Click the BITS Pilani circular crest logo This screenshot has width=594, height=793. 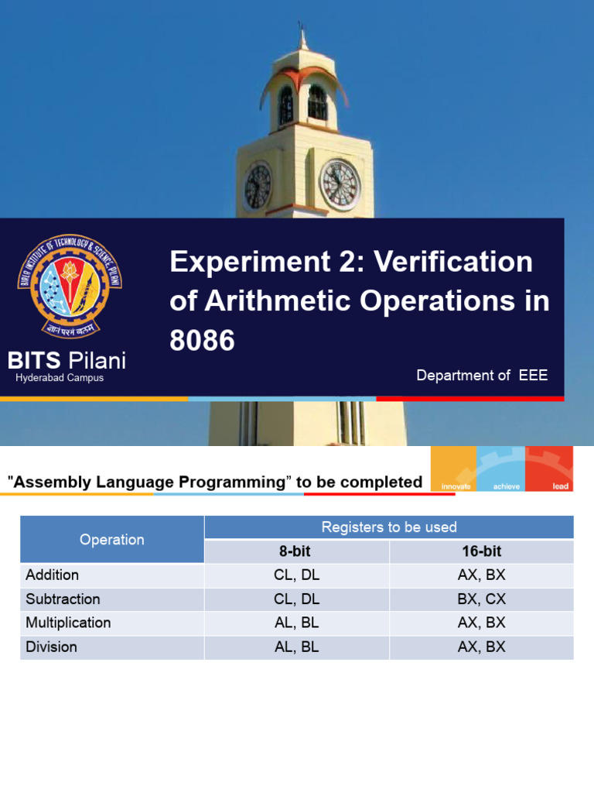coord(70,286)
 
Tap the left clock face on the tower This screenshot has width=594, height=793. coord(258,187)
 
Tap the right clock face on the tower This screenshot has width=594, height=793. coord(340,184)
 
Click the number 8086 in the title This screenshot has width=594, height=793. coord(202,341)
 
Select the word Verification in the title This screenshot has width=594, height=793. coord(454,262)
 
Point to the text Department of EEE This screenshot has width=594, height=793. coord(482,375)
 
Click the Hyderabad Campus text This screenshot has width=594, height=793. coord(60,378)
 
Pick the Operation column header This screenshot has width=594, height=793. coord(112,540)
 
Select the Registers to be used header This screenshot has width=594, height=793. coord(389,527)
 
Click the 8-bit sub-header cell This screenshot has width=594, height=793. coord(297,551)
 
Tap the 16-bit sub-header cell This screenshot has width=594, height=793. coord(481,551)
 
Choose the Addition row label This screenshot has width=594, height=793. coord(53,575)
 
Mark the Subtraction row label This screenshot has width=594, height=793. coord(63,599)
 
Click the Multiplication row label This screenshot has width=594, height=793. coord(68,623)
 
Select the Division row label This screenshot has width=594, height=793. coord(52,647)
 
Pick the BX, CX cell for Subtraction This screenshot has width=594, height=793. coord(481,599)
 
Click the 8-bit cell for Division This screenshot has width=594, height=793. coord(297,647)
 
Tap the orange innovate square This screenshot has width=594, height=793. coord(453,469)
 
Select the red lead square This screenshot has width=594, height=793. coord(549,469)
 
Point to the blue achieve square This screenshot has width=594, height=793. coord(501,469)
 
